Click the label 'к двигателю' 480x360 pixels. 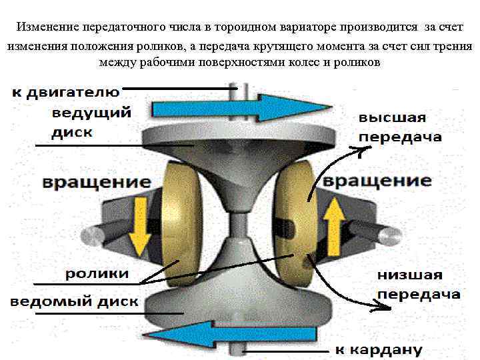tap(65, 92)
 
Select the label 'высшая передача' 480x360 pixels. tap(400, 127)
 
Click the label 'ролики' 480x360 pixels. tap(97, 274)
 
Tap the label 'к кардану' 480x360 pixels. tap(378, 349)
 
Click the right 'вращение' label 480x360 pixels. tap(377, 181)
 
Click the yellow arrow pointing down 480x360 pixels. tap(140, 227)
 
